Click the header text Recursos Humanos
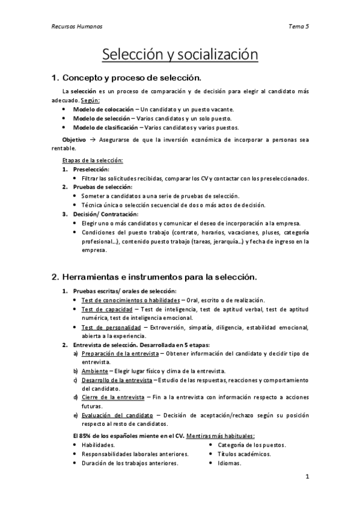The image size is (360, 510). click(76, 26)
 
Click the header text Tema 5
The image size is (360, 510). click(299, 26)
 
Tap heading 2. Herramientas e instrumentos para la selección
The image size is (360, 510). click(154, 277)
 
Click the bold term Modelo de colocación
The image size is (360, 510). click(103, 109)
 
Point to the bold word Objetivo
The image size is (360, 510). click(74, 140)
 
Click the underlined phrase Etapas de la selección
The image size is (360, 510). click(93, 160)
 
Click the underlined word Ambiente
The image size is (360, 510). click(91, 371)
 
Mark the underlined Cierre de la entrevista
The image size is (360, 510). click(113, 398)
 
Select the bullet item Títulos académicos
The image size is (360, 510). click(245, 454)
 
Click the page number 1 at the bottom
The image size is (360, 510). click(307, 478)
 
